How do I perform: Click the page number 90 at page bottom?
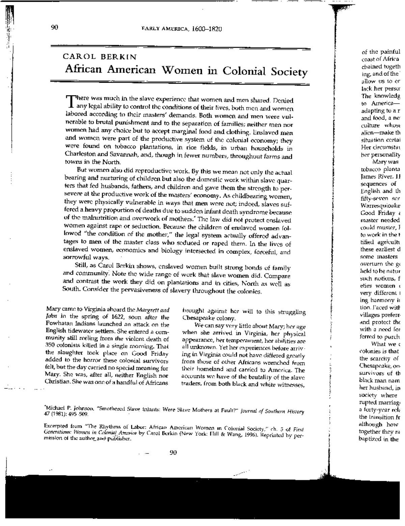coord(173,453)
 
